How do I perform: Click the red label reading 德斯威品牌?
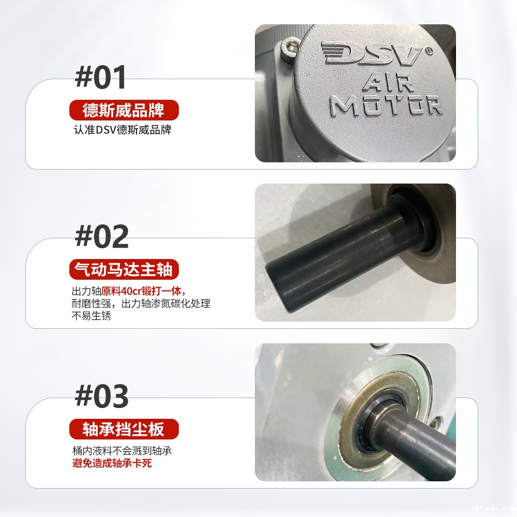pyautogui.click(x=124, y=110)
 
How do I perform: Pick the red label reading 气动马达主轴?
pyautogui.click(x=124, y=269)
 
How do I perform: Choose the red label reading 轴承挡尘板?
pyautogui.click(x=124, y=429)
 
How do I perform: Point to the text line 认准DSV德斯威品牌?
pyautogui.click(x=122, y=130)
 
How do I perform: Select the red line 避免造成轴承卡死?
pyautogui.click(x=112, y=463)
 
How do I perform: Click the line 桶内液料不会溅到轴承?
pyautogui.click(x=121, y=451)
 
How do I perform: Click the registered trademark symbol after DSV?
pyautogui.click(x=429, y=51)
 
